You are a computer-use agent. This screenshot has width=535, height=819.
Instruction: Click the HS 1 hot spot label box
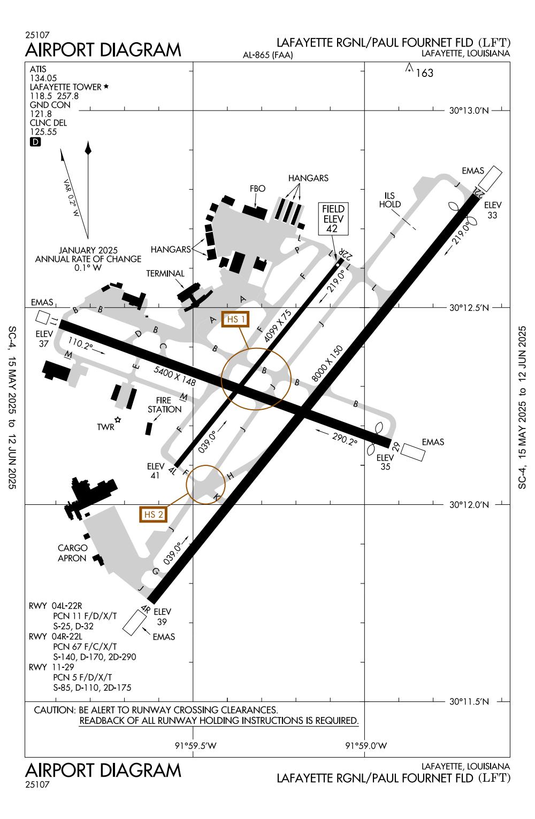(236, 319)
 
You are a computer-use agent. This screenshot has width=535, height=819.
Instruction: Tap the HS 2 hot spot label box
(153, 514)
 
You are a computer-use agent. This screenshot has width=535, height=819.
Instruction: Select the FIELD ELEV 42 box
(333, 219)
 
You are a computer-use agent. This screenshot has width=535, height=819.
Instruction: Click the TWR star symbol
(118, 420)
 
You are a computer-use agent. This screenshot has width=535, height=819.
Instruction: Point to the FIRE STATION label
(165, 404)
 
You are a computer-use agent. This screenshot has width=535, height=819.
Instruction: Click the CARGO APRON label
(72, 553)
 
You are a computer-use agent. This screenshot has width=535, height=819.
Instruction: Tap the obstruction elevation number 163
(424, 73)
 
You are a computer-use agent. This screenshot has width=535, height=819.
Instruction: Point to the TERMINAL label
(165, 274)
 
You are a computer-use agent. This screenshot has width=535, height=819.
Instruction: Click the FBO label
(257, 189)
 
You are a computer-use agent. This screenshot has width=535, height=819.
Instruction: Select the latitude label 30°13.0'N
(469, 111)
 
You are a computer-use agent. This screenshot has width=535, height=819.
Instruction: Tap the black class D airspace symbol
(35, 142)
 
